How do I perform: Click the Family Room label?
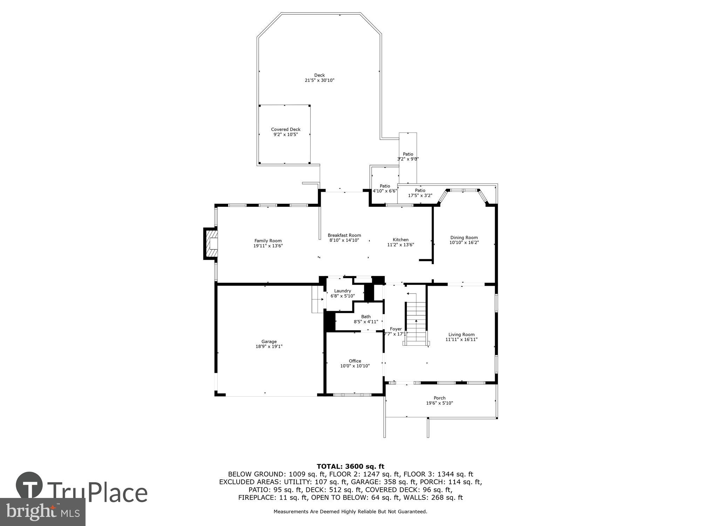(x=268, y=241)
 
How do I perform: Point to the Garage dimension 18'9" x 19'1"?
(x=269, y=346)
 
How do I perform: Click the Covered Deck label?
(x=286, y=129)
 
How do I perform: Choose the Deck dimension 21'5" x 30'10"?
(x=319, y=80)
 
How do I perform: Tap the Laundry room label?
(x=342, y=291)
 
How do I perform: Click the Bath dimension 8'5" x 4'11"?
(x=366, y=322)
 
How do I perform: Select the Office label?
(x=355, y=361)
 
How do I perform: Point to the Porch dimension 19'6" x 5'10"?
(x=439, y=403)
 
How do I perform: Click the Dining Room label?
(x=464, y=237)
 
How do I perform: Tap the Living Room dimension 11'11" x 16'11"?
(x=461, y=339)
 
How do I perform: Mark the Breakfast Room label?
(x=344, y=235)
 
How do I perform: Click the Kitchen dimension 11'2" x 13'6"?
(x=400, y=245)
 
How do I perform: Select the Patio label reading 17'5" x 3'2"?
(x=420, y=193)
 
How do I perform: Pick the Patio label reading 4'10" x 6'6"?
(x=385, y=189)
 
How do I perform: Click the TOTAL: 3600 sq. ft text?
(x=350, y=466)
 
